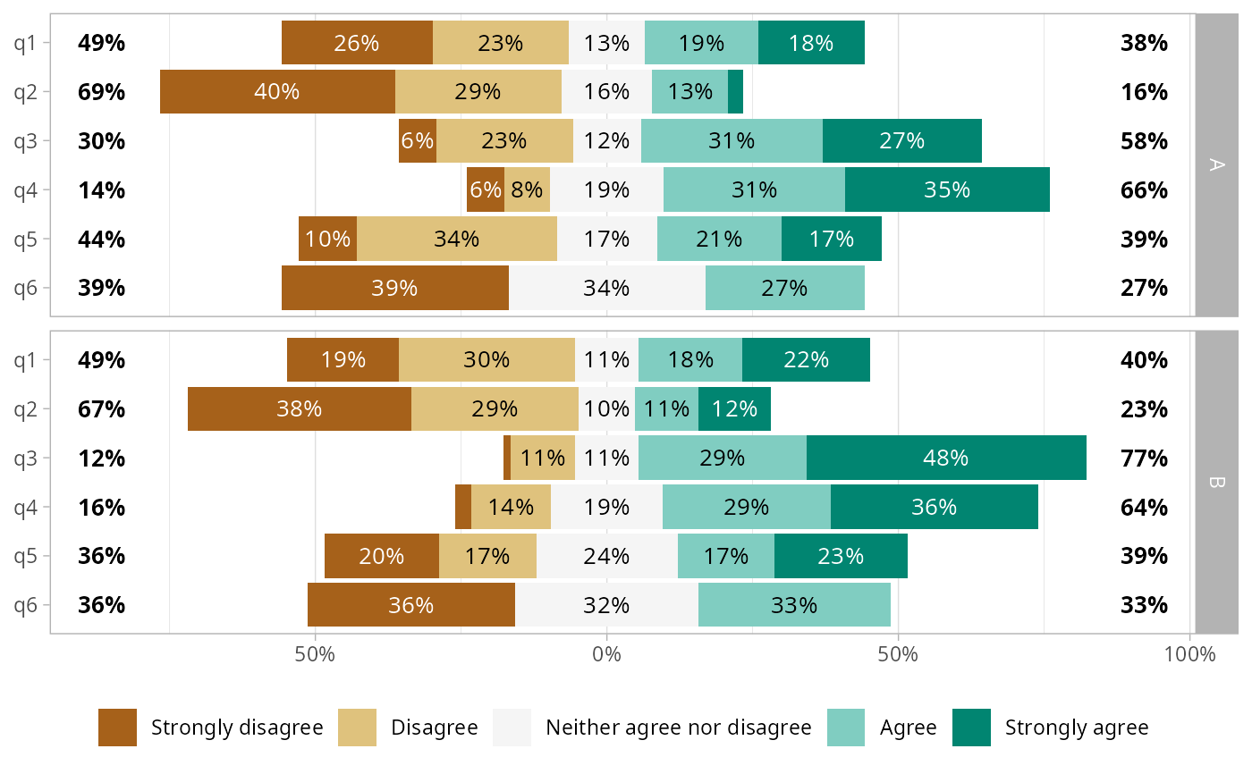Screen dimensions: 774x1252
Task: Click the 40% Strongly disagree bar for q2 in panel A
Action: point(277,91)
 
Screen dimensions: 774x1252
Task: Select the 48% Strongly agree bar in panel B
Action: point(946,458)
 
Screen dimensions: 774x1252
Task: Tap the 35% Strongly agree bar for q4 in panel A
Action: point(947,189)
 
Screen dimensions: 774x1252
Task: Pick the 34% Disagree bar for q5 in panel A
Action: point(457,239)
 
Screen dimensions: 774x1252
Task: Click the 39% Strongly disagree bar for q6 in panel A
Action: point(395,288)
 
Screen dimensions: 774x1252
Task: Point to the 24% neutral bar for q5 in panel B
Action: point(607,556)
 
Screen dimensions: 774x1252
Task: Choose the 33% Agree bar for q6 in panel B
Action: point(794,605)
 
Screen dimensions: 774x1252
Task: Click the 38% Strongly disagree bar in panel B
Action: point(300,408)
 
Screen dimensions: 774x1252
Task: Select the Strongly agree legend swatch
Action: point(972,728)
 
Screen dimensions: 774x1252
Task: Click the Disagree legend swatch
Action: point(357,728)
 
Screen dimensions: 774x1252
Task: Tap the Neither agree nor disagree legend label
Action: point(678,728)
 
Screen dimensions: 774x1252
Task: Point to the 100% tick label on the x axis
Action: point(1190,653)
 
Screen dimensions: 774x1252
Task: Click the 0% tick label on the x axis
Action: point(607,653)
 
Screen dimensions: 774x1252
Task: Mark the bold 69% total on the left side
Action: point(101,91)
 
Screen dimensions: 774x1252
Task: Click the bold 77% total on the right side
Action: point(1144,458)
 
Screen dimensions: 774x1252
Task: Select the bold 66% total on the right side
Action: point(1144,189)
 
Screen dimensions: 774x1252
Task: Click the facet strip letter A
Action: point(1216,164)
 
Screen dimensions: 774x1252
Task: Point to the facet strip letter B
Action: point(1216,483)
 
